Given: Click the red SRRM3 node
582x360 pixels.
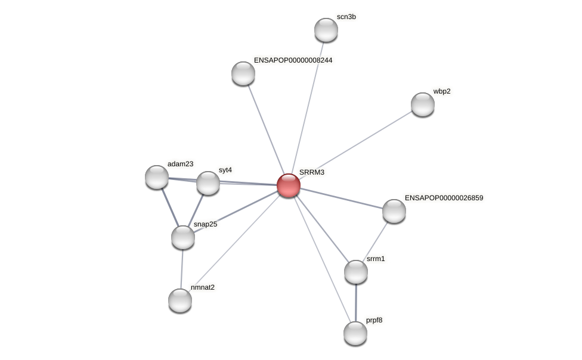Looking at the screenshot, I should click(289, 185).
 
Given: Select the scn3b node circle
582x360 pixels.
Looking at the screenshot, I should click(326, 30).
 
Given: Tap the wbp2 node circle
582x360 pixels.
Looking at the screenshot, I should click(423, 104).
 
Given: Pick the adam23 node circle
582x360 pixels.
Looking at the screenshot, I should click(157, 177).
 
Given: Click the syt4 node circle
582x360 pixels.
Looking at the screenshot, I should click(208, 183).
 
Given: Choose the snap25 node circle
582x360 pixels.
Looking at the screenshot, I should click(183, 237).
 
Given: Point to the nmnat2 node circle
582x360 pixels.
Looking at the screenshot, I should click(180, 300).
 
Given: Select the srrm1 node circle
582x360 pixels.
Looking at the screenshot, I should click(356, 272).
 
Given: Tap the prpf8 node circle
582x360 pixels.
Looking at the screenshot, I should click(355, 333).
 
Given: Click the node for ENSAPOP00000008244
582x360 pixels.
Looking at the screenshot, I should click(243, 73).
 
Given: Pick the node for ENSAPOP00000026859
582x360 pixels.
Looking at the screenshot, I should click(394, 211).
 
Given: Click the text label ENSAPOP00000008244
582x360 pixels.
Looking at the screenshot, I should click(293, 60).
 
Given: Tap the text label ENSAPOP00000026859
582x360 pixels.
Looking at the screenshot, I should click(444, 198).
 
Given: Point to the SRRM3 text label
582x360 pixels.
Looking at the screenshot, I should click(311, 172).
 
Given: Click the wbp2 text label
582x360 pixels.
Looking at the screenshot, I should click(441, 91).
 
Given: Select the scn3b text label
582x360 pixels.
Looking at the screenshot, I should click(346, 17).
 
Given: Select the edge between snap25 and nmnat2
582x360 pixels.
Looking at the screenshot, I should click(182, 269).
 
